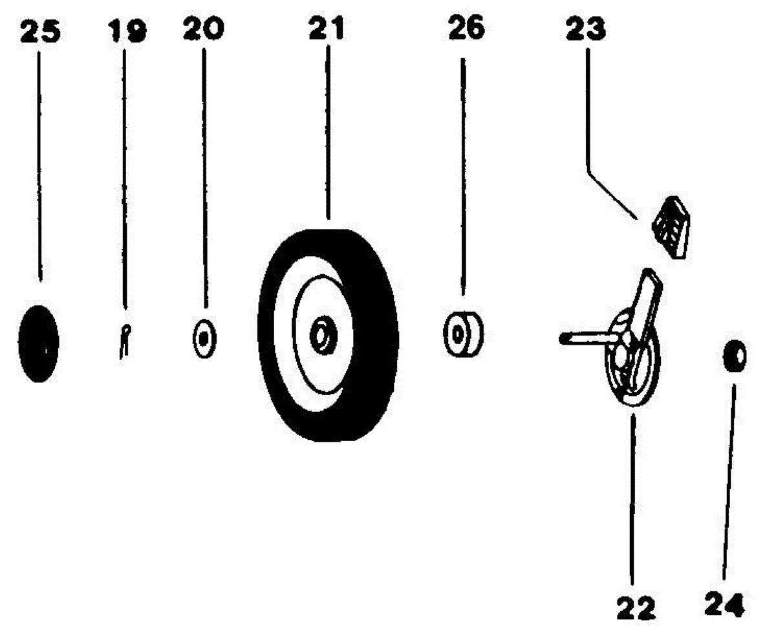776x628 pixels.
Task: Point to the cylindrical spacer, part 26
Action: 462,334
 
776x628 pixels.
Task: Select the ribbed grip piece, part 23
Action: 669,227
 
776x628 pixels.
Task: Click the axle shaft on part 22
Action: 582,337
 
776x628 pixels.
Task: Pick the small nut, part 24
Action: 735,356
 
